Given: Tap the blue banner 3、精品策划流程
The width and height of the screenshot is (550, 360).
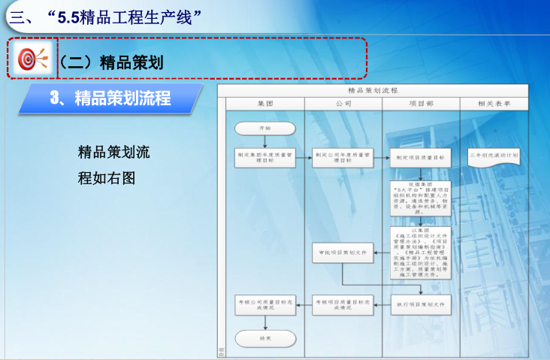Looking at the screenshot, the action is (110, 98).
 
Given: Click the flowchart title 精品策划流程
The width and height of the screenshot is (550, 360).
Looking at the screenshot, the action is (373, 90).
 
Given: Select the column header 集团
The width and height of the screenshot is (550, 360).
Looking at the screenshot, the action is (265, 104).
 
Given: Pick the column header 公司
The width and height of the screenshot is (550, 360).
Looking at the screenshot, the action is (343, 104).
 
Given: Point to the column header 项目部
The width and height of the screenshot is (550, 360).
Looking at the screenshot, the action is (421, 104).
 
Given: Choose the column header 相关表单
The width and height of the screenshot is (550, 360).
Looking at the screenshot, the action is (494, 104).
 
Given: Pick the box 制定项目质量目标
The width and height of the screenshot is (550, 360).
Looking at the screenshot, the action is (421, 158).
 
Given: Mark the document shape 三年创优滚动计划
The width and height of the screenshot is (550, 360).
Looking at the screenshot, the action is (494, 156).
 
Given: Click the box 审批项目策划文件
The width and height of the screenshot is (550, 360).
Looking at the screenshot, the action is (343, 253).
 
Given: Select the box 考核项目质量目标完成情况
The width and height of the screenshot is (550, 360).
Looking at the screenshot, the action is (343, 304).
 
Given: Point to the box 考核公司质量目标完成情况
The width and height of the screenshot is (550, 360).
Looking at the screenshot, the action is (265, 304).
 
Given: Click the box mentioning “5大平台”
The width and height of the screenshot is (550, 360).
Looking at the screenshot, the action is (421, 198).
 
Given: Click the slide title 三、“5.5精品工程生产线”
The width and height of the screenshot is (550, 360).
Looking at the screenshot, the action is (105, 16).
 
